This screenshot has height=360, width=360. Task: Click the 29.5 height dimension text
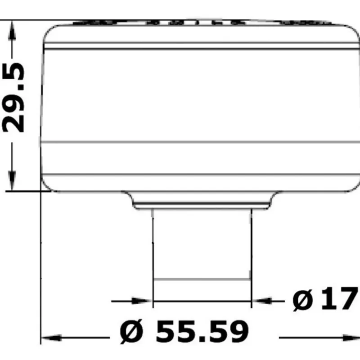pos(13,98)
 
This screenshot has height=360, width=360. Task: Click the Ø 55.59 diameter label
pos(184,332)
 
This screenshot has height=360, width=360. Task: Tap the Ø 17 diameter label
pos(325,299)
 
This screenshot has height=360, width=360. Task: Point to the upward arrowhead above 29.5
pos(12,31)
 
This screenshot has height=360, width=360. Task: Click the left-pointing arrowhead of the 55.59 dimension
pos(51,338)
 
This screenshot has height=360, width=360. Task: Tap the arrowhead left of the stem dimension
pos(142,301)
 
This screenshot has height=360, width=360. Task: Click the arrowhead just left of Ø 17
pos(262,301)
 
